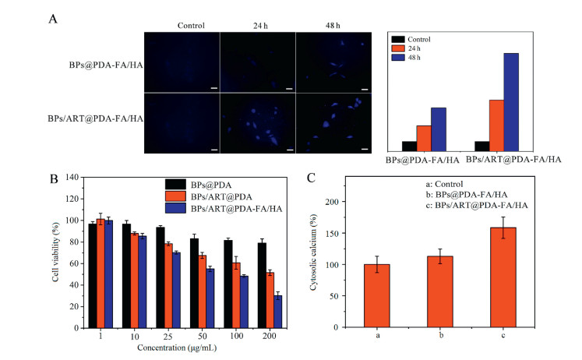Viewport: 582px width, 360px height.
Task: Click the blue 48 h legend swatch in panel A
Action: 400,58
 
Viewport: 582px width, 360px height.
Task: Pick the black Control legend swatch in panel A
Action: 400,38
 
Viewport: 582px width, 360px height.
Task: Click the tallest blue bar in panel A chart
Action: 511,102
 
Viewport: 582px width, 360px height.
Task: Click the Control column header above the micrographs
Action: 191,24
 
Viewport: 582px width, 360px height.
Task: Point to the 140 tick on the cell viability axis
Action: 75,178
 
